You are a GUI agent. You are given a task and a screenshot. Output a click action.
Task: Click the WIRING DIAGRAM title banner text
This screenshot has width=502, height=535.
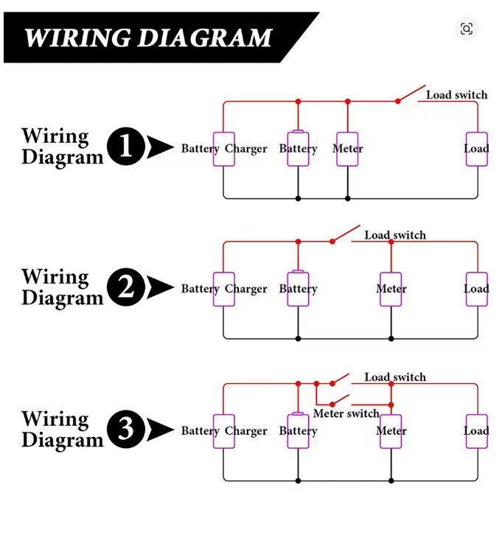(147, 38)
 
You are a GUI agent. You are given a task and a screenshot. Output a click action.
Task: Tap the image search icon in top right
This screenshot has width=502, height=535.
(466, 29)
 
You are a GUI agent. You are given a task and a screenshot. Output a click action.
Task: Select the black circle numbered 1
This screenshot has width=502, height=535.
(126, 147)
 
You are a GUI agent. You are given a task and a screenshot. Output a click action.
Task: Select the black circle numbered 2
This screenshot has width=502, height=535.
(126, 288)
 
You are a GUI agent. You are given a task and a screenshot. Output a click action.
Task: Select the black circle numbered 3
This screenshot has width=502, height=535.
(126, 430)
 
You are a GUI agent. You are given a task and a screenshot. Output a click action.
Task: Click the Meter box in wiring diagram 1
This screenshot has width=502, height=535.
(347, 149)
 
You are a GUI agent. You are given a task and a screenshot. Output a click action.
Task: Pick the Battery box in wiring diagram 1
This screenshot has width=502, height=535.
(298, 149)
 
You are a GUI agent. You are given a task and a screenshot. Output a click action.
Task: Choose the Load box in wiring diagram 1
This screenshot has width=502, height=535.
(476, 149)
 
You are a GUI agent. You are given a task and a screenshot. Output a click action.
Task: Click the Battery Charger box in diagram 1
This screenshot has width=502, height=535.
(223, 149)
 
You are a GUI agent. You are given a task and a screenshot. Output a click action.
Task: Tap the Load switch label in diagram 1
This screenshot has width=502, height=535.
(456, 95)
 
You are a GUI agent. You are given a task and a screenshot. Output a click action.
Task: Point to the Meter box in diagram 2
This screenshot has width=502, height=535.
(391, 289)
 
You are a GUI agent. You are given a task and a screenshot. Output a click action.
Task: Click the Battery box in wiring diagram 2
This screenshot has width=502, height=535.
(298, 289)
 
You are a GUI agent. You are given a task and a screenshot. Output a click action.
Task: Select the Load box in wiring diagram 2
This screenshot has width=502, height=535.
(476, 289)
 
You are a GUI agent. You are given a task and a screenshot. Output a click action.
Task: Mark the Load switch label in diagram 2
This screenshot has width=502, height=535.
(395, 235)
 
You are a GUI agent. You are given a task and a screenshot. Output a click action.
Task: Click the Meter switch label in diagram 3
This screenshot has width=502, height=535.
(346, 413)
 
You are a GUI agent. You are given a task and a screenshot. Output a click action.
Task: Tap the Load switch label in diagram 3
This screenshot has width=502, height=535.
(395, 377)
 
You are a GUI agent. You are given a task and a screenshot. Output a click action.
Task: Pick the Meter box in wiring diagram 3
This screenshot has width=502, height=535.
(391, 431)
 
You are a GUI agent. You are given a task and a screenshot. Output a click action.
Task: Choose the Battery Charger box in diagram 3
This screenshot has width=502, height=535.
(223, 431)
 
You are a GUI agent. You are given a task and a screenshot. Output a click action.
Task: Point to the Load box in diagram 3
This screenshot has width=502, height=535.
(476, 431)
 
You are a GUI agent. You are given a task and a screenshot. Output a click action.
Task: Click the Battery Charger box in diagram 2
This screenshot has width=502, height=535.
(223, 289)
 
